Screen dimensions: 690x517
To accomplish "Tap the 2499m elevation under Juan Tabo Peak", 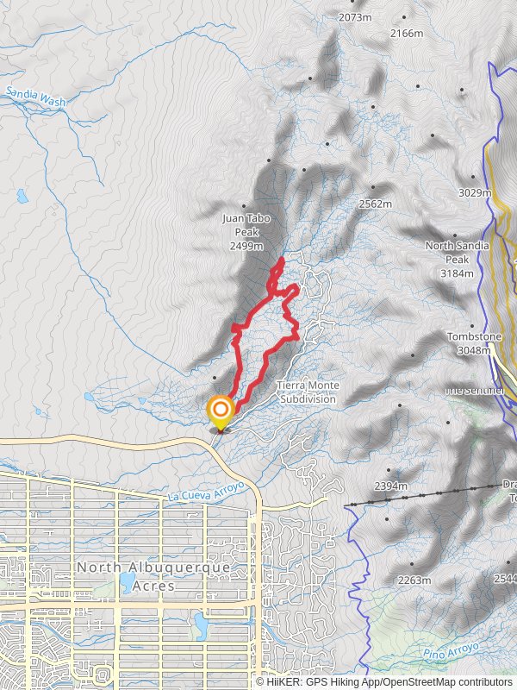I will point(246,246).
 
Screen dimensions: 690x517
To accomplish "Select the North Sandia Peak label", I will point(452,252).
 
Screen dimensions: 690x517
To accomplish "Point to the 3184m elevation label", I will point(457,273).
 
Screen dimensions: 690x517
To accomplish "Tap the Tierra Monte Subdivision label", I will point(308,392).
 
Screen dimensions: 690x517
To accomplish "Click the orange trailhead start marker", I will point(221,410).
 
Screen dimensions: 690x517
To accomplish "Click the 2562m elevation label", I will point(376,204).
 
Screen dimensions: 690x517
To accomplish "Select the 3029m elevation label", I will point(475,192).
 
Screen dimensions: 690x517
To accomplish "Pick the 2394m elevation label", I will point(389,486).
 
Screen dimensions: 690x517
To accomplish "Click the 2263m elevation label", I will point(414,580).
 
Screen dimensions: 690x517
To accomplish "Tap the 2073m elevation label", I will point(355,17).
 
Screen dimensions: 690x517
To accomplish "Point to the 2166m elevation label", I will point(407,34).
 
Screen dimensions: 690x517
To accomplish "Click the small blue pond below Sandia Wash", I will point(22,196).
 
